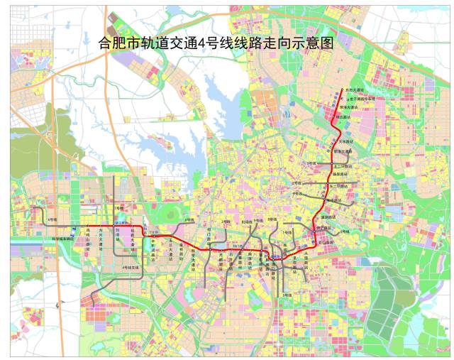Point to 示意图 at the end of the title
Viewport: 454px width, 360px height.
(x=315, y=43)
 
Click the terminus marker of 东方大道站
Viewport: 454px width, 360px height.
(x=345, y=90)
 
